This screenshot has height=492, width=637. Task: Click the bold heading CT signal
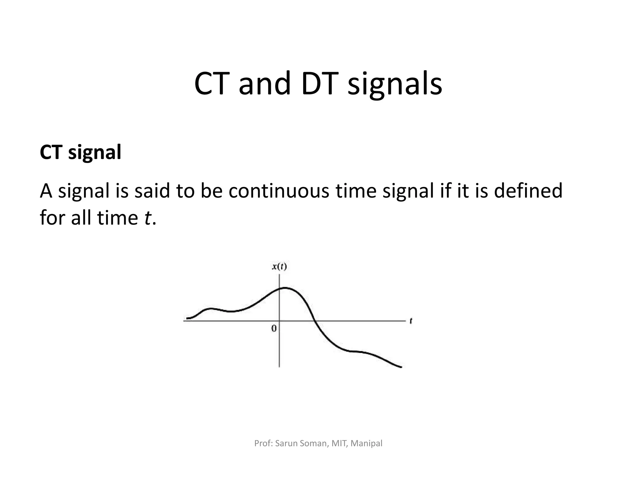click(x=81, y=152)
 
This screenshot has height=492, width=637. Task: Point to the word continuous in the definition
click(x=279, y=191)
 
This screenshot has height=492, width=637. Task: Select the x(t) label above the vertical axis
click(x=279, y=267)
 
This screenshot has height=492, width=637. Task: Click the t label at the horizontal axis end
click(x=411, y=321)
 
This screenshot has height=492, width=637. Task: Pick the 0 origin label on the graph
click(x=274, y=328)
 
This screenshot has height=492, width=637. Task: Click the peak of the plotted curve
click(x=285, y=288)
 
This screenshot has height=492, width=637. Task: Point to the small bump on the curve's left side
click(x=211, y=309)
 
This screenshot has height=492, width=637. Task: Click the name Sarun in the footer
click(x=286, y=443)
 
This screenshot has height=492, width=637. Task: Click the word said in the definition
click(x=152, y=191)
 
